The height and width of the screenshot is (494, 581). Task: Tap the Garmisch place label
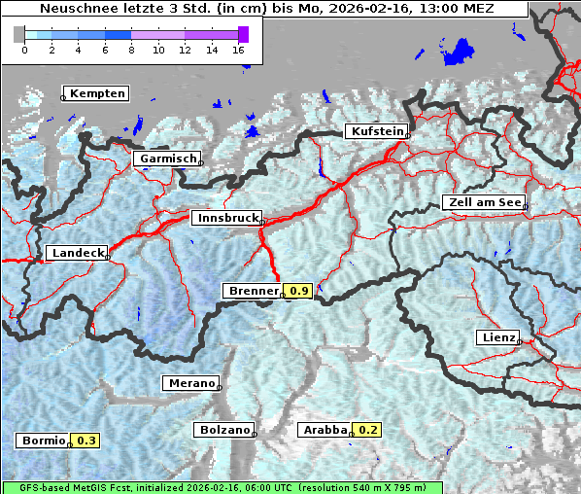coord(167,159)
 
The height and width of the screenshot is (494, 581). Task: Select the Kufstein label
coord(377,131)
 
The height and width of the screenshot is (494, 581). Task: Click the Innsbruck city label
coord(225,219)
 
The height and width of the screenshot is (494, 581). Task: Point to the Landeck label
coord(77,253)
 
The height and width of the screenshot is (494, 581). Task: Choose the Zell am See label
coord(483,202)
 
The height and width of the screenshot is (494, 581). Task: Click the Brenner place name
coord(252,291)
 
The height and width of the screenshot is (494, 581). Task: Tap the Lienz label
coord(497,337)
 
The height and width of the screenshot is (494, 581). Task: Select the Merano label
coord(189,383)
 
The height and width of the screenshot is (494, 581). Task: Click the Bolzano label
coord(223,430)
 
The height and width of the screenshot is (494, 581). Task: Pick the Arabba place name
coord(324,430)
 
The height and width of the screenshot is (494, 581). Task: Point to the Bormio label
coord(43,441)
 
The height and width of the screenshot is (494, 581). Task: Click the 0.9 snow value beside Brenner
coord(299,291)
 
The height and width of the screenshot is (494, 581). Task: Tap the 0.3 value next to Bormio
coord(86,441)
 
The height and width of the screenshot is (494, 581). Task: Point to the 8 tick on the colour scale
coord(131,49)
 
